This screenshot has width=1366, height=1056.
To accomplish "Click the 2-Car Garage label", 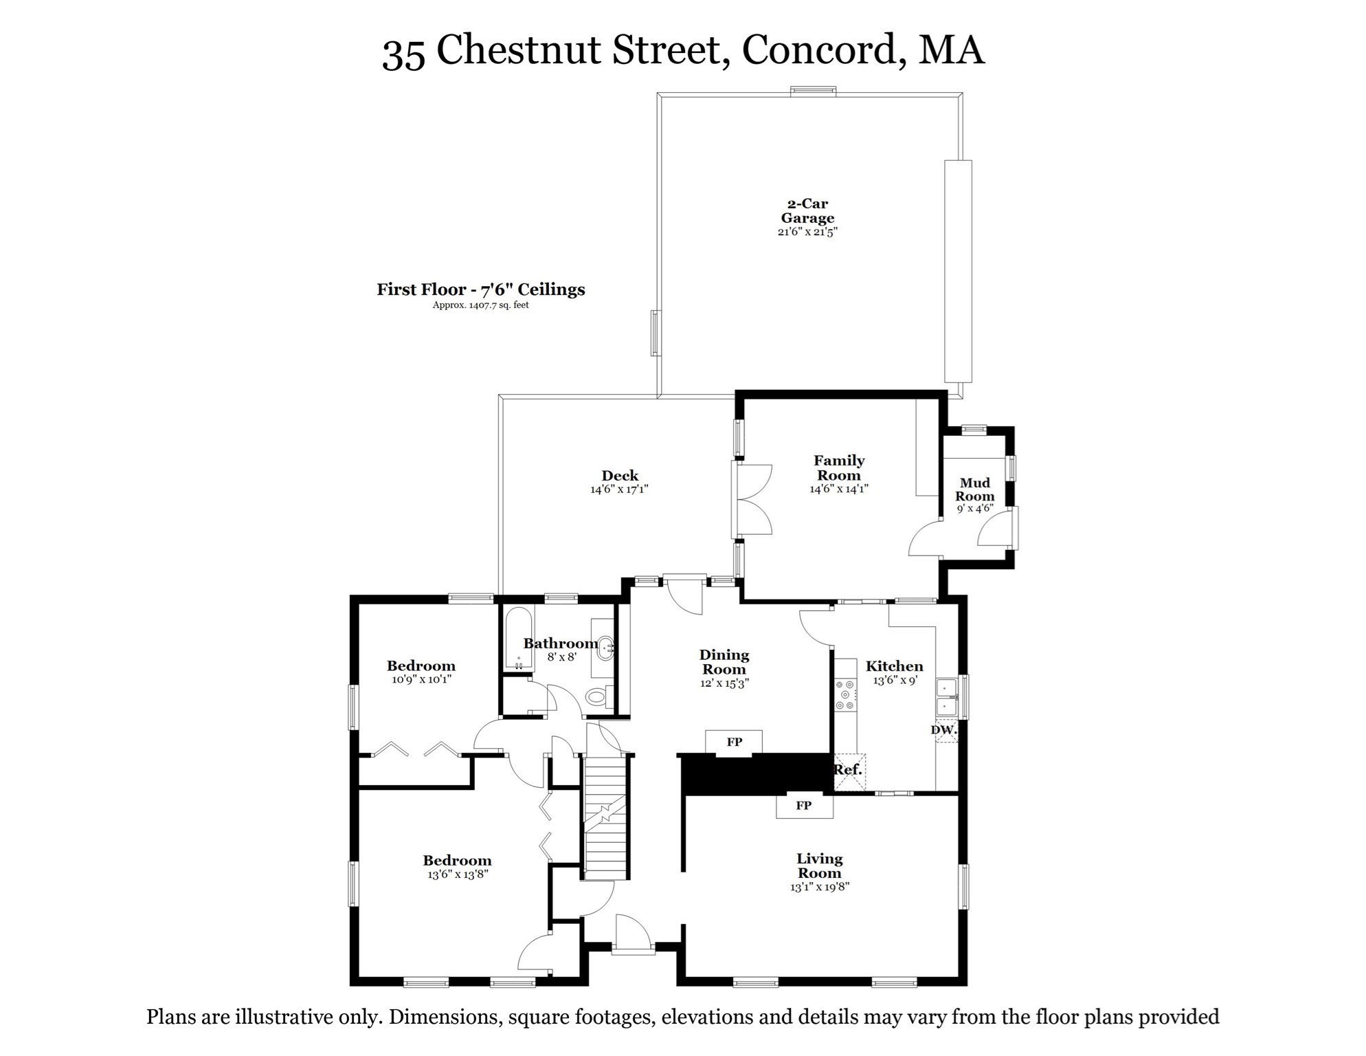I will (x=807, y=211).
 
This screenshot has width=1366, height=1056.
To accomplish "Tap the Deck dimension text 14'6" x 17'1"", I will (x=619, y=489).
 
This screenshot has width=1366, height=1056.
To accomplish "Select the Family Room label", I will (x=838, y=467).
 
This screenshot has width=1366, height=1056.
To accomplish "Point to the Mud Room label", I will (x=974, y=489).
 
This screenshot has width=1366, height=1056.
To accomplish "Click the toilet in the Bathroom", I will (x=598, y=697).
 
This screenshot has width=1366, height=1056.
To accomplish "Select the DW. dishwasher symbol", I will (x=945, y=730).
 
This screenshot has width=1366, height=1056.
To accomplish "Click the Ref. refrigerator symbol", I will (x=849, y=771).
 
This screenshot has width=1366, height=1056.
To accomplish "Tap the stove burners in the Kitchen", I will (x=845, y=695).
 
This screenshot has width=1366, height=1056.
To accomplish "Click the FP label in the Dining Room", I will (x=734, y=742).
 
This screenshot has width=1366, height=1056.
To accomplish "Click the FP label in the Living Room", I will (x=803, y=805).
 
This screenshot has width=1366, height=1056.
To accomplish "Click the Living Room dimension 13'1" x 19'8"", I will (x=819, y=887).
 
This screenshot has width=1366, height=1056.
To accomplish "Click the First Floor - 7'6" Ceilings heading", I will (x=480, y=289).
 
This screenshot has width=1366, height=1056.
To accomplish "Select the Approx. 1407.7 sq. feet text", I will (x=480, y=305).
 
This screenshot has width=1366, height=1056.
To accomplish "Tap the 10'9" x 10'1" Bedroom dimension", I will (x=421, y=679).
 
